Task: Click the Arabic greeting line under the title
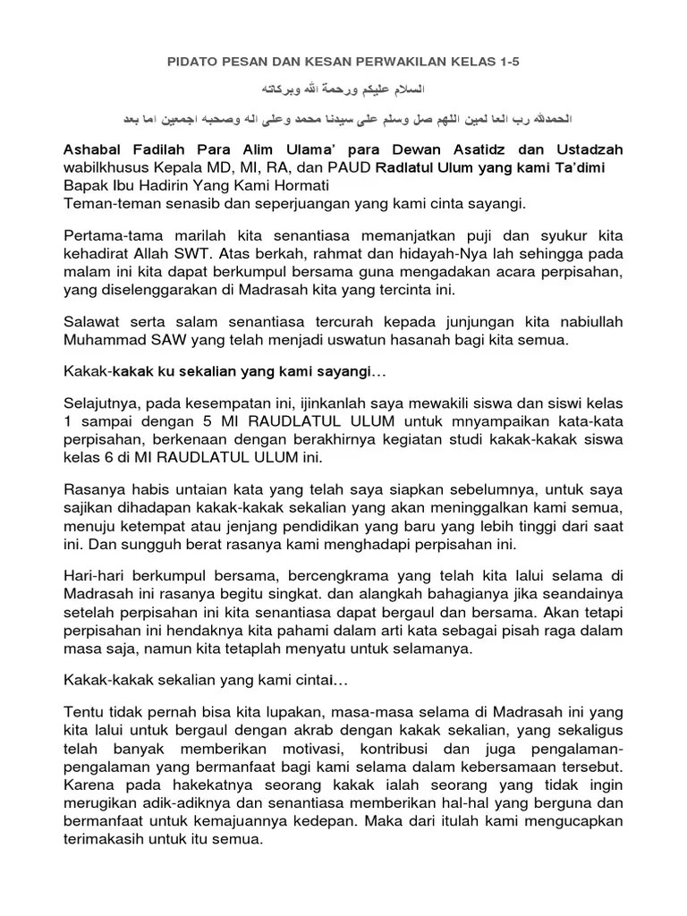(343, 90)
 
